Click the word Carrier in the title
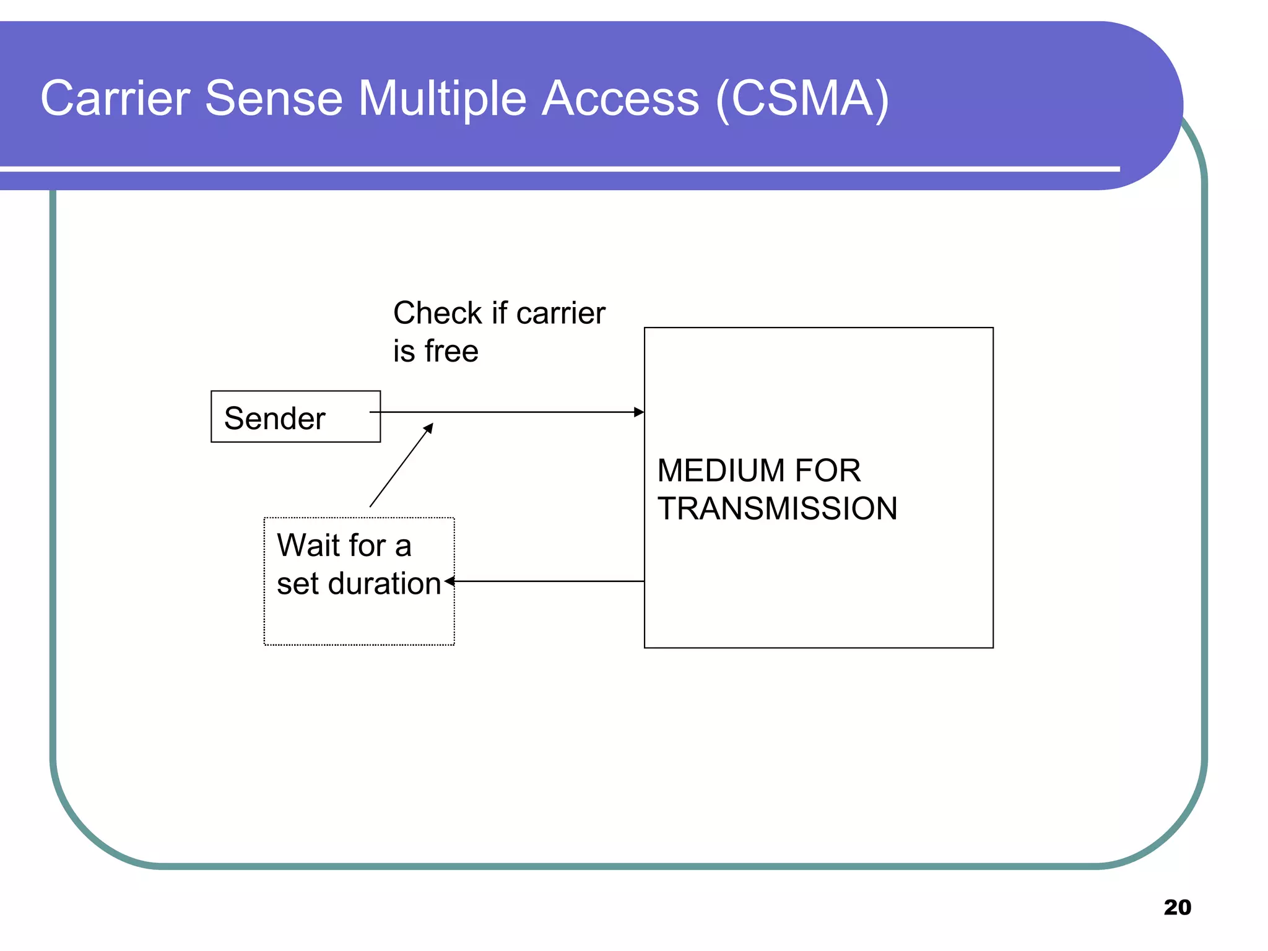click(x=115, y=98)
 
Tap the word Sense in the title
click(x=274, y=98)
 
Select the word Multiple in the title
click(x=443, y=98)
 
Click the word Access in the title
click(x=620, y=98)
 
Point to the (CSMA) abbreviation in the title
click(x=802, y=98)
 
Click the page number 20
click(x=1177, y=907)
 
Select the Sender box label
click(x=274, y=419)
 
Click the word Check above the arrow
click(x=437, y=313)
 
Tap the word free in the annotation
click(x=451, y=352)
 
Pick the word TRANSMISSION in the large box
click(x=777, y=509)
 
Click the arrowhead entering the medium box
click(x=639, y=412)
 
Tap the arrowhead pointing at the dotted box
click(x=449, y=581)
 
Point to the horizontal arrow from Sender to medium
click(x=508, y=412)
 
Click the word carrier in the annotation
click(x=560, y=313)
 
